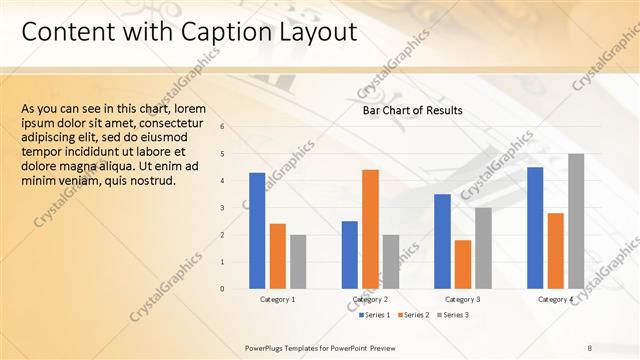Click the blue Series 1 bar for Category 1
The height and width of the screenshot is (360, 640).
[x=257, y=230]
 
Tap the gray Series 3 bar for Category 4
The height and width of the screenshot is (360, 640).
[x=576, y=220]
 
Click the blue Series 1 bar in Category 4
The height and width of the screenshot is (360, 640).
[x=535, y=227]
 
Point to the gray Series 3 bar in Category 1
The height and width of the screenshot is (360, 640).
[x=298, y=261]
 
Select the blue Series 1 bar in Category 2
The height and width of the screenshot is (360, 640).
[x=349, y=254]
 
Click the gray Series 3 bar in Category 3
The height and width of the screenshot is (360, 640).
[x=483, y=247]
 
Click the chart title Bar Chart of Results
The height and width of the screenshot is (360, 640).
[x=412, y=111]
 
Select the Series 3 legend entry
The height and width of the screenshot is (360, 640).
[x=453, y=315]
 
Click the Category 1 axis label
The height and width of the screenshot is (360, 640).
[x=278, y=299]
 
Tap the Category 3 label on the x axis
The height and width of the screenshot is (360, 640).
[x=462, y=299]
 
